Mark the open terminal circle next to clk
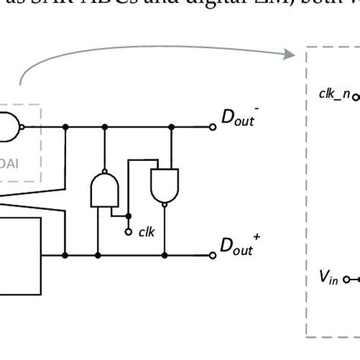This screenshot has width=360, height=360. pyautogui.click(x=128, y=229)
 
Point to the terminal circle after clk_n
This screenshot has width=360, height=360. pyautogui.click(x=355, y=96)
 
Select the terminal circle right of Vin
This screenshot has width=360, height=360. pyautogui.click(x=347, y=279)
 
